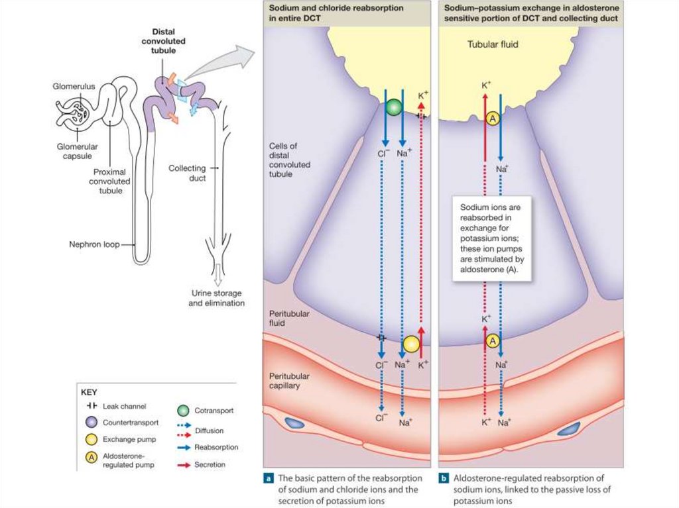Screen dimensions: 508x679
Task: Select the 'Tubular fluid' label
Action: (493, 45)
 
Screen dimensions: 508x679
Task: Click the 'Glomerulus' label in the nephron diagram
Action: (71, 86)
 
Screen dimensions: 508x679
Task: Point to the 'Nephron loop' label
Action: (94, 244)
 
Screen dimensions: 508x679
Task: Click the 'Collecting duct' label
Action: (187, 173)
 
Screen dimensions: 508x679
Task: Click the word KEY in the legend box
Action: (89, 391)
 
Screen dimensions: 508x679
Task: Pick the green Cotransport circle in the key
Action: (182, 410)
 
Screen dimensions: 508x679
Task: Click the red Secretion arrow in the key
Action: (182, 465)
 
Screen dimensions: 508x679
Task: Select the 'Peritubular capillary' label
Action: (288, 380)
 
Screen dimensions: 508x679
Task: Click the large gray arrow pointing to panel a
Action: (219, 63)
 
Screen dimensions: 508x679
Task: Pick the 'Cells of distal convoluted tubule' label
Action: (290, 159)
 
